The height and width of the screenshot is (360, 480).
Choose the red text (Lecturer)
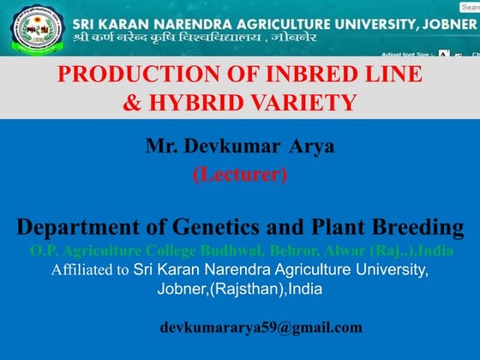(x=239, y=174)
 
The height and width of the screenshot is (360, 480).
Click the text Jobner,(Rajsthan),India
(x=239, y=288)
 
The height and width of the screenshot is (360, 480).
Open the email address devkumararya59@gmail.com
(x=261, y=327)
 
